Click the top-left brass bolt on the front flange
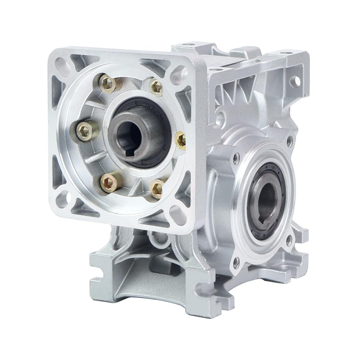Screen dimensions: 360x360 click(108, 84)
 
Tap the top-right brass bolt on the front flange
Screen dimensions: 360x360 click(156, 86)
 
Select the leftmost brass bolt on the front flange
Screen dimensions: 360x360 click(87, 130)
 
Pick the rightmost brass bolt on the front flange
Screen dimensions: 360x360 click(181, 140)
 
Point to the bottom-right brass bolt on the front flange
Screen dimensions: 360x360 click(157, 188)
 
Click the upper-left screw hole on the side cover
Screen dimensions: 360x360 click(236, 157)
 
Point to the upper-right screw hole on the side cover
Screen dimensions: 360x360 click(289, 141)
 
